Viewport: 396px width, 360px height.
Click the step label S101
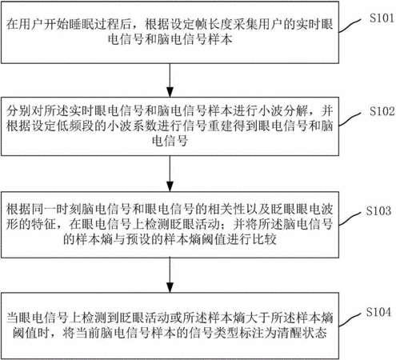(x=382, y=18)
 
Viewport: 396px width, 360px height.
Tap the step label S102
(x=382, y=111)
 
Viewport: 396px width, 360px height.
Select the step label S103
(x=378, y=210)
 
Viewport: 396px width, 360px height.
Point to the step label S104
(x=378, y=312)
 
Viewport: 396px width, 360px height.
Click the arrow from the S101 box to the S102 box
(x=170, y=80)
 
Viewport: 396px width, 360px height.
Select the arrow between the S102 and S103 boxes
(x=170, y=174)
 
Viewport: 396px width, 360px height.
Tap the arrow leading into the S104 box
(x=170, y=275)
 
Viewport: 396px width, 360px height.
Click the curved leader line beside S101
(x=350, y=26)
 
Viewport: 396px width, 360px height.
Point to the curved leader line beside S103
(x=350, y=219)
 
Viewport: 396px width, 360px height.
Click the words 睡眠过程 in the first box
(x=94, y=24)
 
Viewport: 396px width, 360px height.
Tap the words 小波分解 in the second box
(x=283, y=110)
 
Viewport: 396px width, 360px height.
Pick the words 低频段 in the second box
(x=75, y=126)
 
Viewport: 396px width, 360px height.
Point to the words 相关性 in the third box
(x=226, y=210)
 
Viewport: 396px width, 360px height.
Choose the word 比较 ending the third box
(x=264, y=239)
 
